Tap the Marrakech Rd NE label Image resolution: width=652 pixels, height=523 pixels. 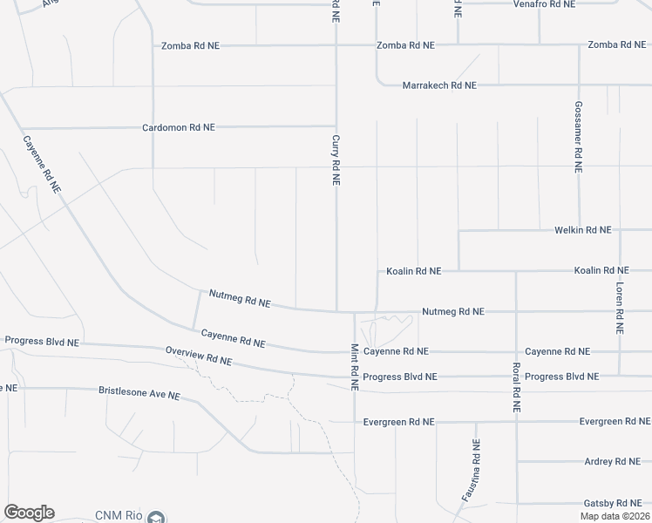439,85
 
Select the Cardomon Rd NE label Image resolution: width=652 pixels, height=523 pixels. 179,127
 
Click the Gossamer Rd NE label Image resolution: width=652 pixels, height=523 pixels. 578,135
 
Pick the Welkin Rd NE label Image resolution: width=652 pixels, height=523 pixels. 583,230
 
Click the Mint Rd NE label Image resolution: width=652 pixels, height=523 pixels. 355,367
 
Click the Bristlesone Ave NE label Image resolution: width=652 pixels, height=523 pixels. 139,394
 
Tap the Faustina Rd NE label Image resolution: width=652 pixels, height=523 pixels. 471,469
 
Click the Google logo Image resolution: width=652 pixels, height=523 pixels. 29,513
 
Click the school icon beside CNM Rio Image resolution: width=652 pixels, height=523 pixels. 156,518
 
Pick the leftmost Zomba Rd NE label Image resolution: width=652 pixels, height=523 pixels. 188,45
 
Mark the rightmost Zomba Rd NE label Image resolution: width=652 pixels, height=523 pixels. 616,44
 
